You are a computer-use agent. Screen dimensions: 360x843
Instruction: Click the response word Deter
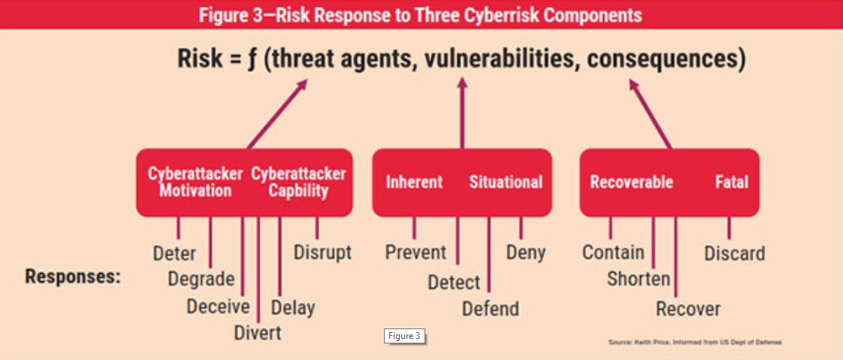click(x=174, y=253)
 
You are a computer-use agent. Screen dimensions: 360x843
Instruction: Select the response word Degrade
click(x=201, y=279)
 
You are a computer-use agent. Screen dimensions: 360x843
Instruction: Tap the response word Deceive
click(x=218, y=306)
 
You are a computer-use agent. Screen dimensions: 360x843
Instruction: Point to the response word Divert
click(x=258, y=332)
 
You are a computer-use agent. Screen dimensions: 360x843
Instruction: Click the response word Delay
click(x=293, y=307)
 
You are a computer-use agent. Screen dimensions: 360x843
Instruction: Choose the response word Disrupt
click(x=322, y=252)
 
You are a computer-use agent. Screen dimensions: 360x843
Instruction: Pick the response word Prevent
click(x=415, y=252)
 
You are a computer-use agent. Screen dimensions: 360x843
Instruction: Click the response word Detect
click(x=454, y=283)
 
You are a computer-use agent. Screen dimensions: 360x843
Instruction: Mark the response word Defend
click(x=490, y=308)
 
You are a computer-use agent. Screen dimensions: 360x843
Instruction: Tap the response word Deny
click(x=526, y=252)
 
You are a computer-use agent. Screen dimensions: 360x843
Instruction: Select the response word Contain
click(x=613, y=252)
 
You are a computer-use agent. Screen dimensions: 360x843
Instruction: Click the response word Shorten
click(x=639, y=279)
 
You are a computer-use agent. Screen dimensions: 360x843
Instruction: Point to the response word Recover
click(x=687, y=308)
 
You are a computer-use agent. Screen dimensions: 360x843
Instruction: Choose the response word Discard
click(x=734, y=253)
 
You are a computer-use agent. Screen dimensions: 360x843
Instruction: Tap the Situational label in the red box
click(x=506, y=182)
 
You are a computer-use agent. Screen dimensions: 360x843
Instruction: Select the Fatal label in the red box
click(x=731, y=182)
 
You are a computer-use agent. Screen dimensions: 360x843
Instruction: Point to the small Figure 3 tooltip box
click(x=405, y=336)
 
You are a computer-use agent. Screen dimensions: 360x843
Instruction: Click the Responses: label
click(x=73, y=276)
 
